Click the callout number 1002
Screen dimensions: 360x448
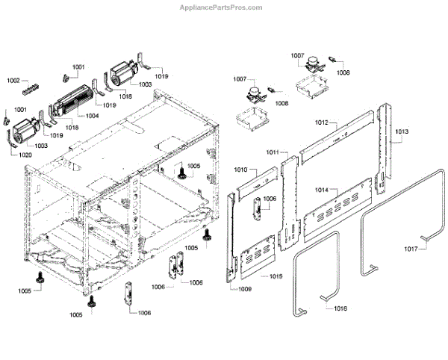click(x=14, y=80)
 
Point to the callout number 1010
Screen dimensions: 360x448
click(x=240, y=170)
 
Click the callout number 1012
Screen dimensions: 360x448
click(x=322, y=122)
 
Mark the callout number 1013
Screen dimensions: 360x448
click(x=401, y=131)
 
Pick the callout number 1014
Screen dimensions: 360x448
click(x=320, y=190)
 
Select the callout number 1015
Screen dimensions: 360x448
click(x=276, y=276)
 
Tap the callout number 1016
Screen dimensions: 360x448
click(x=340, y=308)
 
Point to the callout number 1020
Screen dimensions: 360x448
click(x=25, y=155)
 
